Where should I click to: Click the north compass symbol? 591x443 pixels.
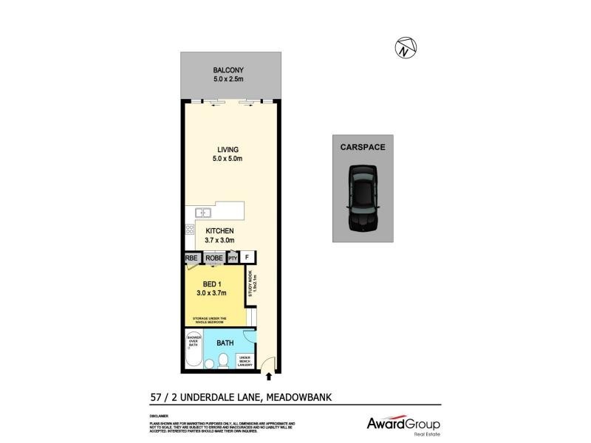pos(403,49)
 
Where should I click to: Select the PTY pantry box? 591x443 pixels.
pos(233,258)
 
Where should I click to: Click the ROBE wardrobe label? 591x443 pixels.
pos(214,258)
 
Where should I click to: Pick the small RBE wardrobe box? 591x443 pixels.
pos(192,258)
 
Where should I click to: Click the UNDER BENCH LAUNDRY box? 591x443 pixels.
pos(246,361)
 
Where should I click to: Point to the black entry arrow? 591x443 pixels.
pos(267,377)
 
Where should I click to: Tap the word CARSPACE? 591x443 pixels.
pos(363,147)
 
